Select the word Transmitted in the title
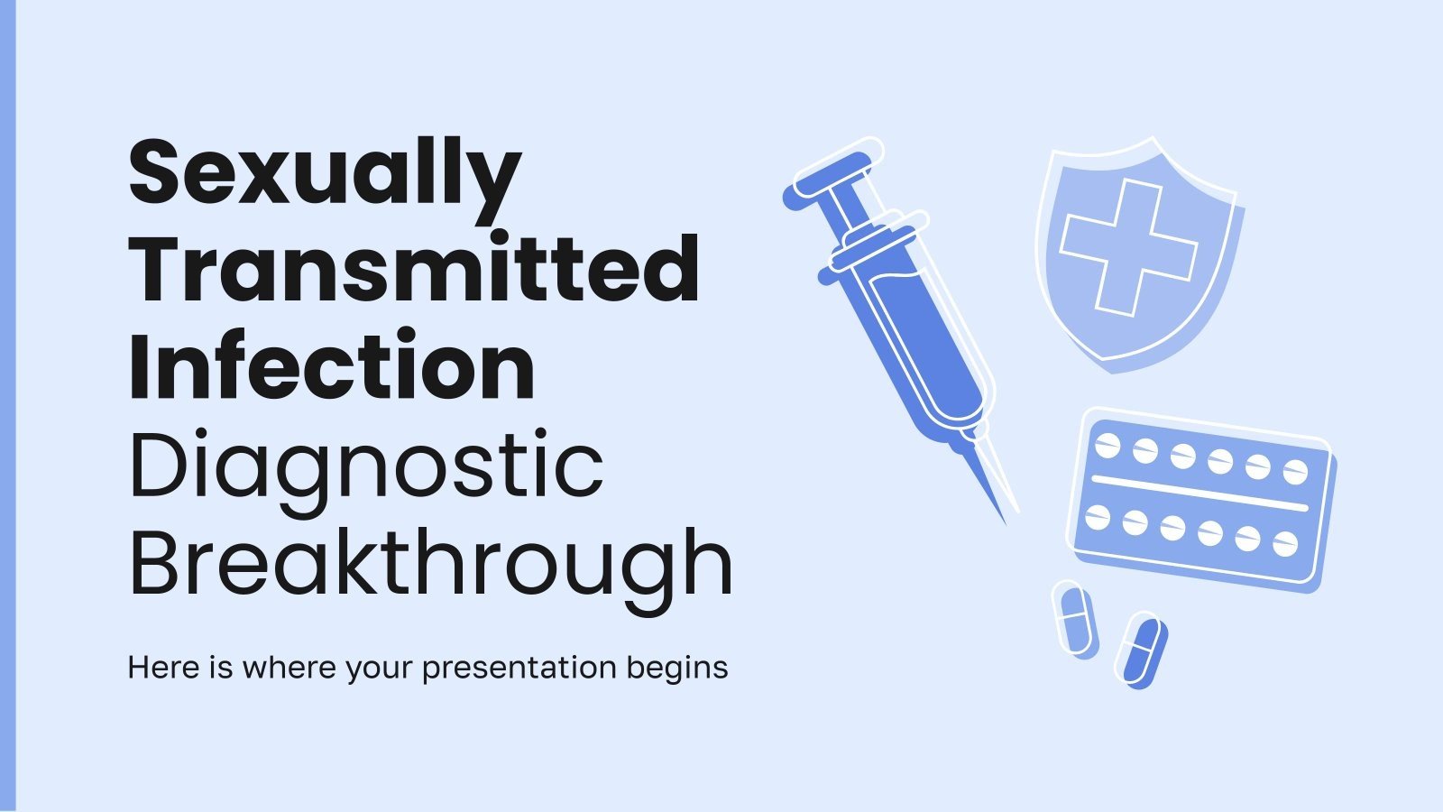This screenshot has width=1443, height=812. coord(414,271)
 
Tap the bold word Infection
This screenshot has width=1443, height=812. coord(332,367)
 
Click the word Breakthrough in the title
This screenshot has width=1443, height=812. coord(431,564)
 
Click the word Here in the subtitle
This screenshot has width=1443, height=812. coord(159,668)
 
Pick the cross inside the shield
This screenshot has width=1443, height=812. coord(1127,246)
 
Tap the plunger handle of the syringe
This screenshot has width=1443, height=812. coord(825,175)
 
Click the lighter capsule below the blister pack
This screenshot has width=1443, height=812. coord(1074,620)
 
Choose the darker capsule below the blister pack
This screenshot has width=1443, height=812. coord(1140,650)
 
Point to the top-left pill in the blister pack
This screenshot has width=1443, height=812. coord(1108,445)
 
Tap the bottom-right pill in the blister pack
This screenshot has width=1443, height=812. coord(1284,544)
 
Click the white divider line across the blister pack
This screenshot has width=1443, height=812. coord(1199,494)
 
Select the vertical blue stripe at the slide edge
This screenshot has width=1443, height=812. coord(7,406)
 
